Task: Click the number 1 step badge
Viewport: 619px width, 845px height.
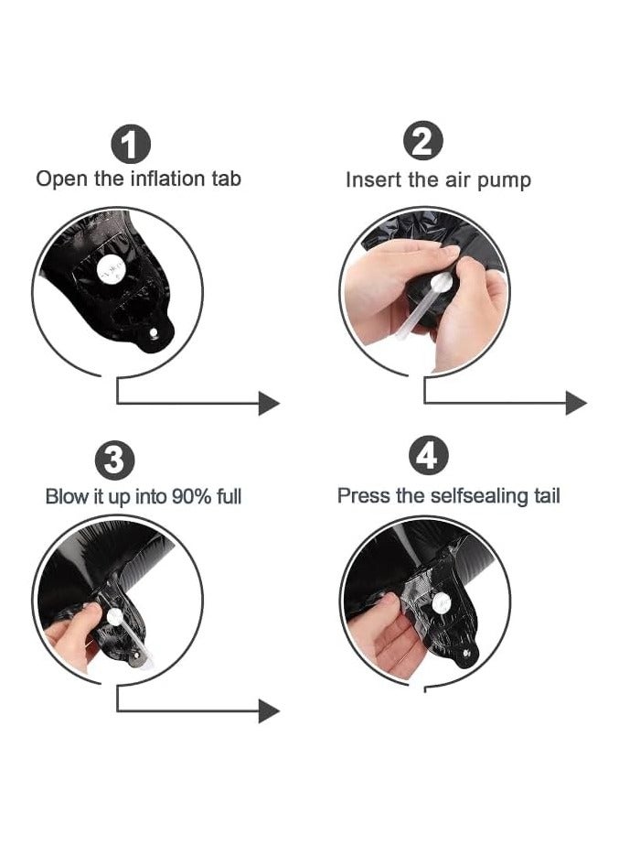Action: coord(130,145)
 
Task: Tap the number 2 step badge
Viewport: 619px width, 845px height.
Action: coord(423,141)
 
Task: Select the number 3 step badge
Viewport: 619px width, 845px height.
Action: coord(114,460)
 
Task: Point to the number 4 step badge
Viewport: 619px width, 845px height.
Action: coord(428,456)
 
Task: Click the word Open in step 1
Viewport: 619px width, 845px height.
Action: coord(62,179)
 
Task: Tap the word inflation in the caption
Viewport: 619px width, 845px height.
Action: coord(168,179)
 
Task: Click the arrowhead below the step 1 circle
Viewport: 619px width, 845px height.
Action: coord(269,403)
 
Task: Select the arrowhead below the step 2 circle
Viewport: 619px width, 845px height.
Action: coord(576,403)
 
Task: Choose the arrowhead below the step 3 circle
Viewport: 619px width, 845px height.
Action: coord(269,711)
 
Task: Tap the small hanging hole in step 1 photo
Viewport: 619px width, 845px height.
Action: coord(155,333)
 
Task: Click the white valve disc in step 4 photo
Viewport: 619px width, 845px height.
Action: coord(442,602)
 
